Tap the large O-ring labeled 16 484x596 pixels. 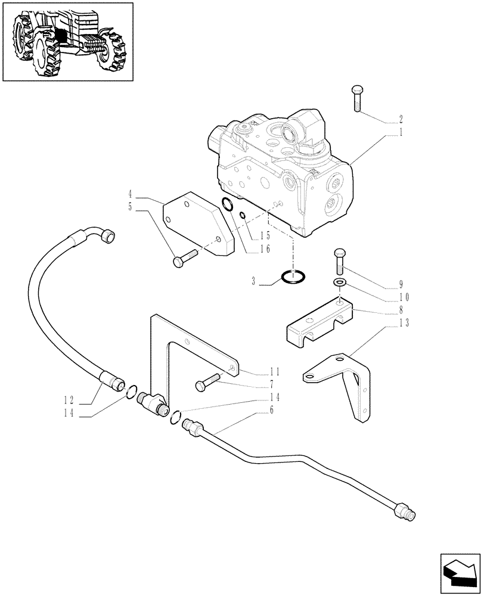click(x=227, y=206)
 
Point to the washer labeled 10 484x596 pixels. click(x=340, y=282)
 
